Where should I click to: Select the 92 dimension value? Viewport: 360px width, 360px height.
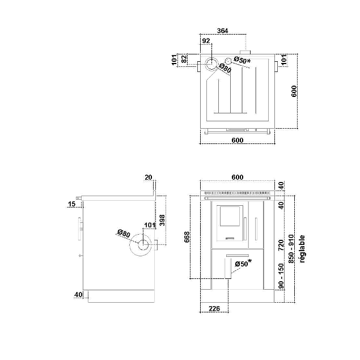tap(206, 41)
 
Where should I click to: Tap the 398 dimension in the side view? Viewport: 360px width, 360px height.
tap(163, 220)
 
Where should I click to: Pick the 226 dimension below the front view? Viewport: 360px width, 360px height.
tap(214, 308)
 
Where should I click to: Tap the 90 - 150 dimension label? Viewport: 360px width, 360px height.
tap(280, 276)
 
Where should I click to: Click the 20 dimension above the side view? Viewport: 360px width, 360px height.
tap(149, 177)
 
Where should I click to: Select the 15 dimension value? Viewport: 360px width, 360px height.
tap(71, 204)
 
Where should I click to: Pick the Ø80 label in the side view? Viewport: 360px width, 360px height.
tap(124, 234)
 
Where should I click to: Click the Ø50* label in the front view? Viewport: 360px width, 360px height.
tap(243, 264)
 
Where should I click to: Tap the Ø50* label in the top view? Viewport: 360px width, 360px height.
tap(242, 60)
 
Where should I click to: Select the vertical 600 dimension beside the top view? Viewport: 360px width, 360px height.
tap(294, 92)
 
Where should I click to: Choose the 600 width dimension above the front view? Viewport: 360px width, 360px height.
tap(238, 177)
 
